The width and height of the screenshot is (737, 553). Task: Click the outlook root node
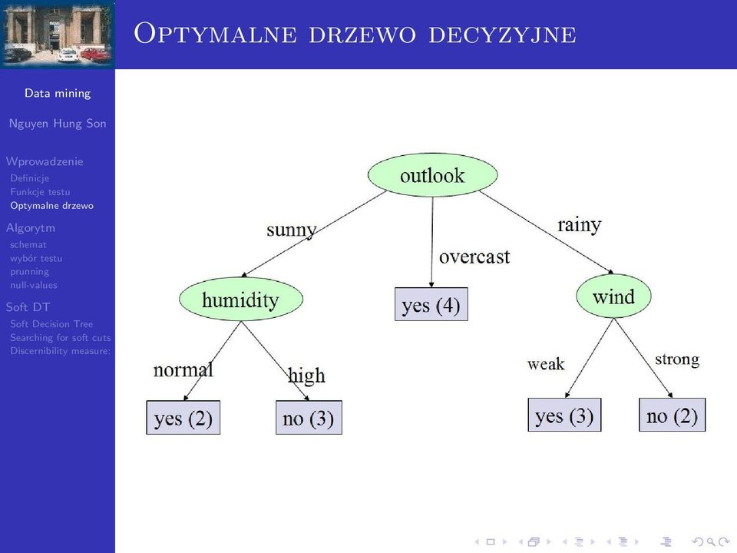432,175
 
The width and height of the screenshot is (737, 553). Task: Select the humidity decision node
240,299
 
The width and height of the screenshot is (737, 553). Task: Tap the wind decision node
613,296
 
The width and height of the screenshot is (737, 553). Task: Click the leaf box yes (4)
431,304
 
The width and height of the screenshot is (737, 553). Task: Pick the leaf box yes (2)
183,418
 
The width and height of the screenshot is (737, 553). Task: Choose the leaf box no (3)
309,418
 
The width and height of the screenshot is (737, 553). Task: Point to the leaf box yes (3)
564,415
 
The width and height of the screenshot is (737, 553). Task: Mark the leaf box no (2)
673,415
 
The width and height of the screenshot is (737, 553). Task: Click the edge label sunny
292,230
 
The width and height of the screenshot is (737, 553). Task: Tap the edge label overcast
474,257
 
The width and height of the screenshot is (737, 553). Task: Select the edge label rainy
579,225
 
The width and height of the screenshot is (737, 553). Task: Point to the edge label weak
546,364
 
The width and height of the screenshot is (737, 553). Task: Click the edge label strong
677,359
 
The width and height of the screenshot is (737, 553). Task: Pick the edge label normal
183,369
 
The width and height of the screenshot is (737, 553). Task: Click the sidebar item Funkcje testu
41,192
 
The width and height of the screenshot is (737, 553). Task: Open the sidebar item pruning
30,272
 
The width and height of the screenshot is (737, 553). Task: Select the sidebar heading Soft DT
28,307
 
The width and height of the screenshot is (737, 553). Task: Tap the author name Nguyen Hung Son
58,124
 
